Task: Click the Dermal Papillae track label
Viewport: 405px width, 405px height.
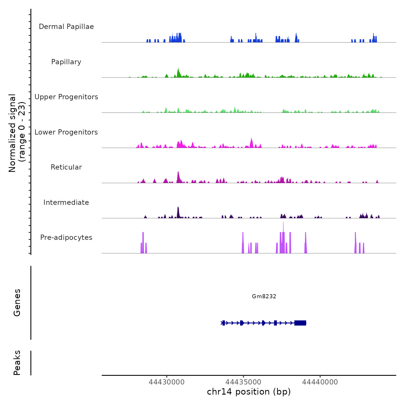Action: click(x=66, y=27)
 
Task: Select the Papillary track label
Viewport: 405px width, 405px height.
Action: click(x=66, y=62)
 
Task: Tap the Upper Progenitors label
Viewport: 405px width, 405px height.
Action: click(x=66, y=97)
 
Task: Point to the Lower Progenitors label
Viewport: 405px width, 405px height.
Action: click(x=66, y=132)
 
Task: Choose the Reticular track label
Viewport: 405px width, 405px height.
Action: click(x=66, y=167)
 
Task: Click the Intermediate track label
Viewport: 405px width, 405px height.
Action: click(x=66, y=203)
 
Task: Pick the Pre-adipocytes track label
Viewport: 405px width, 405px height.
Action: click(x=66, y=238)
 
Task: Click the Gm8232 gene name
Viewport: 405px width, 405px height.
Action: click(x=264, y=296)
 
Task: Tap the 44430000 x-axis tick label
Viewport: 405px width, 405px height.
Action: click(x=167, y=382)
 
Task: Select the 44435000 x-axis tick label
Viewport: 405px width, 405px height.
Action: click(x=243, y=382)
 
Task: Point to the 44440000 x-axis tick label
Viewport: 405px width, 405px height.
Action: click(x=320, y=382)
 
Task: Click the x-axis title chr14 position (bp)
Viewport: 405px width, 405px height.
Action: click(x=249, y=392)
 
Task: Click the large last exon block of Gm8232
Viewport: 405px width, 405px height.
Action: click(x=300, y=323)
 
